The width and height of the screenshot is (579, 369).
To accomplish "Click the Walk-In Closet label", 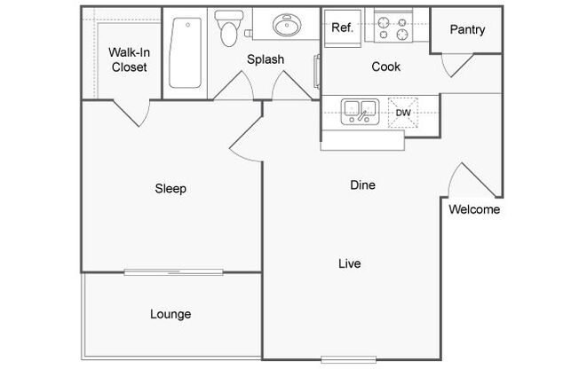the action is [130, 59].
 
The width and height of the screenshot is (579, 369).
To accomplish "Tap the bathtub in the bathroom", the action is [186, 52].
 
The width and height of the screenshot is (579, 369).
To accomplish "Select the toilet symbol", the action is [229, 28].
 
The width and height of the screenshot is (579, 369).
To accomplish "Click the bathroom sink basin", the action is [287, 25].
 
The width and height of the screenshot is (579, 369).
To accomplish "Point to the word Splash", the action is [266, 59].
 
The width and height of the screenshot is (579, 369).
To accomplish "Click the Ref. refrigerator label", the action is [342, 27].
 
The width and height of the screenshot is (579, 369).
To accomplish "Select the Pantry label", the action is [467, 29].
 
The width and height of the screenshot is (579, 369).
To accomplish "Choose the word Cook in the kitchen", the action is [386, 67].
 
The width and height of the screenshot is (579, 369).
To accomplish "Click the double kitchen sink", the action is [360, 111].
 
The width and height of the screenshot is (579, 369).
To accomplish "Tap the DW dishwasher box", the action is [403, 113].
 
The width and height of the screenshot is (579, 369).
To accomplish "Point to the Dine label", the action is [362, 184].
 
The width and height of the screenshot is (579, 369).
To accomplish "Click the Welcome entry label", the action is [474, 209].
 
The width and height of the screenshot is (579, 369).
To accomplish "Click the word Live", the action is [350, 263].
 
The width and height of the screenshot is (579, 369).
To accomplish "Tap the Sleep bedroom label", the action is [171, 189].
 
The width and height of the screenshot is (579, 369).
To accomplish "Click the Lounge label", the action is [171, 314].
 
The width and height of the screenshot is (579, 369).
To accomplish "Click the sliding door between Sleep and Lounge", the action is [173, 272].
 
